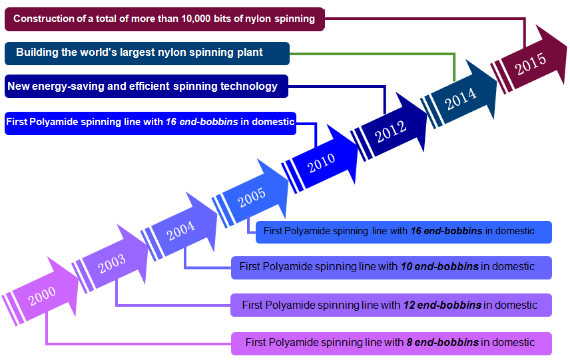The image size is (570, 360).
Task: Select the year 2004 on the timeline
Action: (180, 230)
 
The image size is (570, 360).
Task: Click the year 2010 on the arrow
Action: (321, 161)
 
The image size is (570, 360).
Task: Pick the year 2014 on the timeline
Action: (461, 97)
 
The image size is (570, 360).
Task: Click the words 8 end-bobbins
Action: (442, 343)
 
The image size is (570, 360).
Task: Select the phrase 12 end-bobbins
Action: (442, 305)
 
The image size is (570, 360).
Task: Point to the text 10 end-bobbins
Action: (439, 267)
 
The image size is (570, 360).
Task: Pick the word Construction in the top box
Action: (43, 19)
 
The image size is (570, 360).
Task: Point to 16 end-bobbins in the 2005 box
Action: (446, 232)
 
